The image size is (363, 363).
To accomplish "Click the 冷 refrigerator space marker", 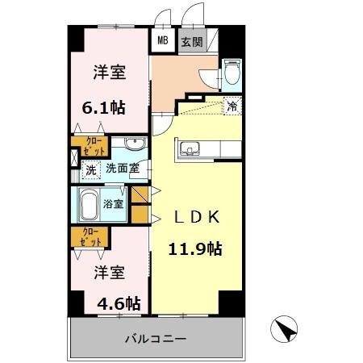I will [232, 105].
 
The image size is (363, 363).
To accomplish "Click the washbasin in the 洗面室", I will [135, 145].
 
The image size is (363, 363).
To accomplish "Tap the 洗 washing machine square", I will [90, 169].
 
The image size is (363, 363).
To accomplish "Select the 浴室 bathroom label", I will [114, 204].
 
